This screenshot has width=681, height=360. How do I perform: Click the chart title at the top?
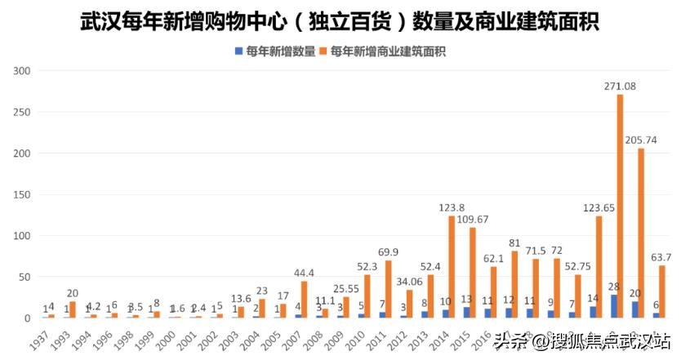[340, 21]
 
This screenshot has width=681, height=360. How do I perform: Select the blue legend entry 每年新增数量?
[275, 51]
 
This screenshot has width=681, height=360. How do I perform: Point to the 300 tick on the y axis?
[22, 71]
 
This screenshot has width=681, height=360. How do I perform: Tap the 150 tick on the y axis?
[22, 195]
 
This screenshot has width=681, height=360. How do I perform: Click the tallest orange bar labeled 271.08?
[620, 206]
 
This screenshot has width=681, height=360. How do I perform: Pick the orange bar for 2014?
[452, 267]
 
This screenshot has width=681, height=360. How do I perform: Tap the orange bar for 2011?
[389, 289]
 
